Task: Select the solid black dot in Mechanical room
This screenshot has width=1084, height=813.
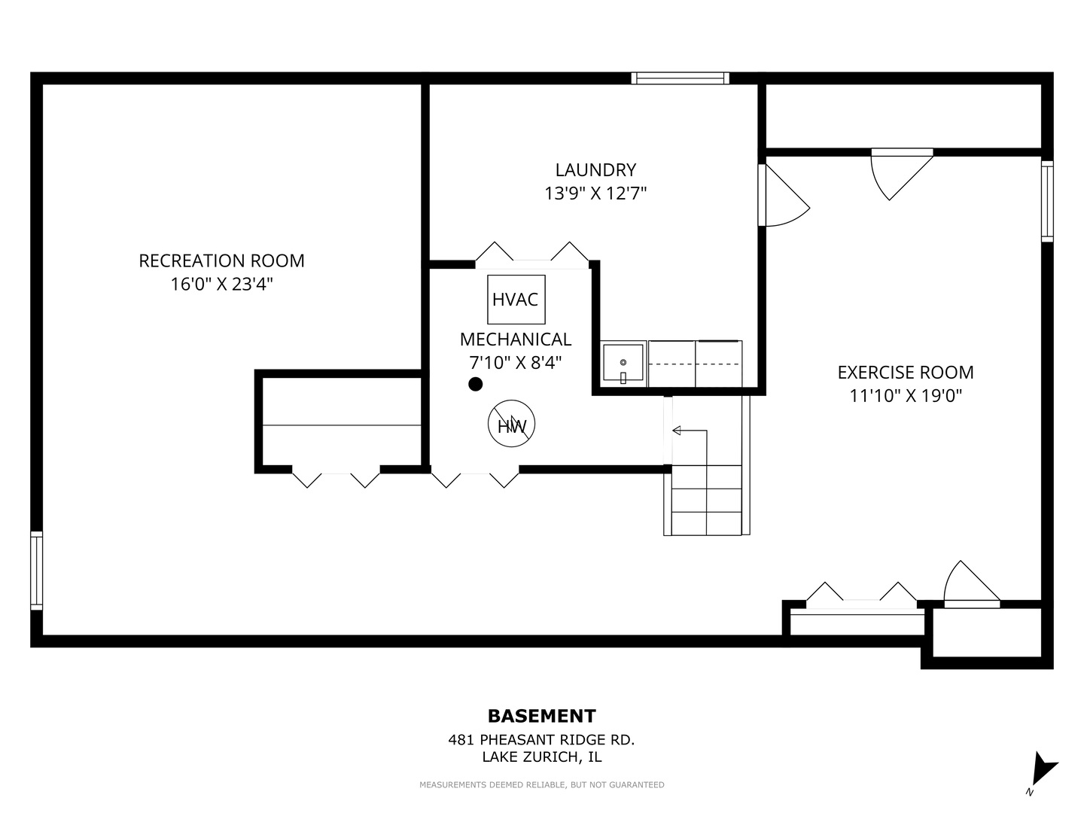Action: coord(475,384)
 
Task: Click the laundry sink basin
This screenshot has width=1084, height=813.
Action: coord(623,364)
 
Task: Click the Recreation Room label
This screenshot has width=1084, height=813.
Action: coord(221,260)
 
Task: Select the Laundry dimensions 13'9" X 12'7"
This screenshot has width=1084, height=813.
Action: coord(595,193)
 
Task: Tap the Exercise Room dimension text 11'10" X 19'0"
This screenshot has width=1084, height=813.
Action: coord(906,395)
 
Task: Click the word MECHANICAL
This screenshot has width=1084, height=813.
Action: coord(516,339)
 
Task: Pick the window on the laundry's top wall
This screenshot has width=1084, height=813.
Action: coord(680,78)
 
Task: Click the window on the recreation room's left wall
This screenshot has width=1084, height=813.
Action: coord(37,571)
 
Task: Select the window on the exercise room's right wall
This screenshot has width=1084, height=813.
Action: coord(1047,202)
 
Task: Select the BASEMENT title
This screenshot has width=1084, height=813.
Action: coord(542,716)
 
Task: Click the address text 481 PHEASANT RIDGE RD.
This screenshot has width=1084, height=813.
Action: coord(541,739)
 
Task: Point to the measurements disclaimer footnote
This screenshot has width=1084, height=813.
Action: coord(542,784)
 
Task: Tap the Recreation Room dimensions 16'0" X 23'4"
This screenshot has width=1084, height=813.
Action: coord(222,284)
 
